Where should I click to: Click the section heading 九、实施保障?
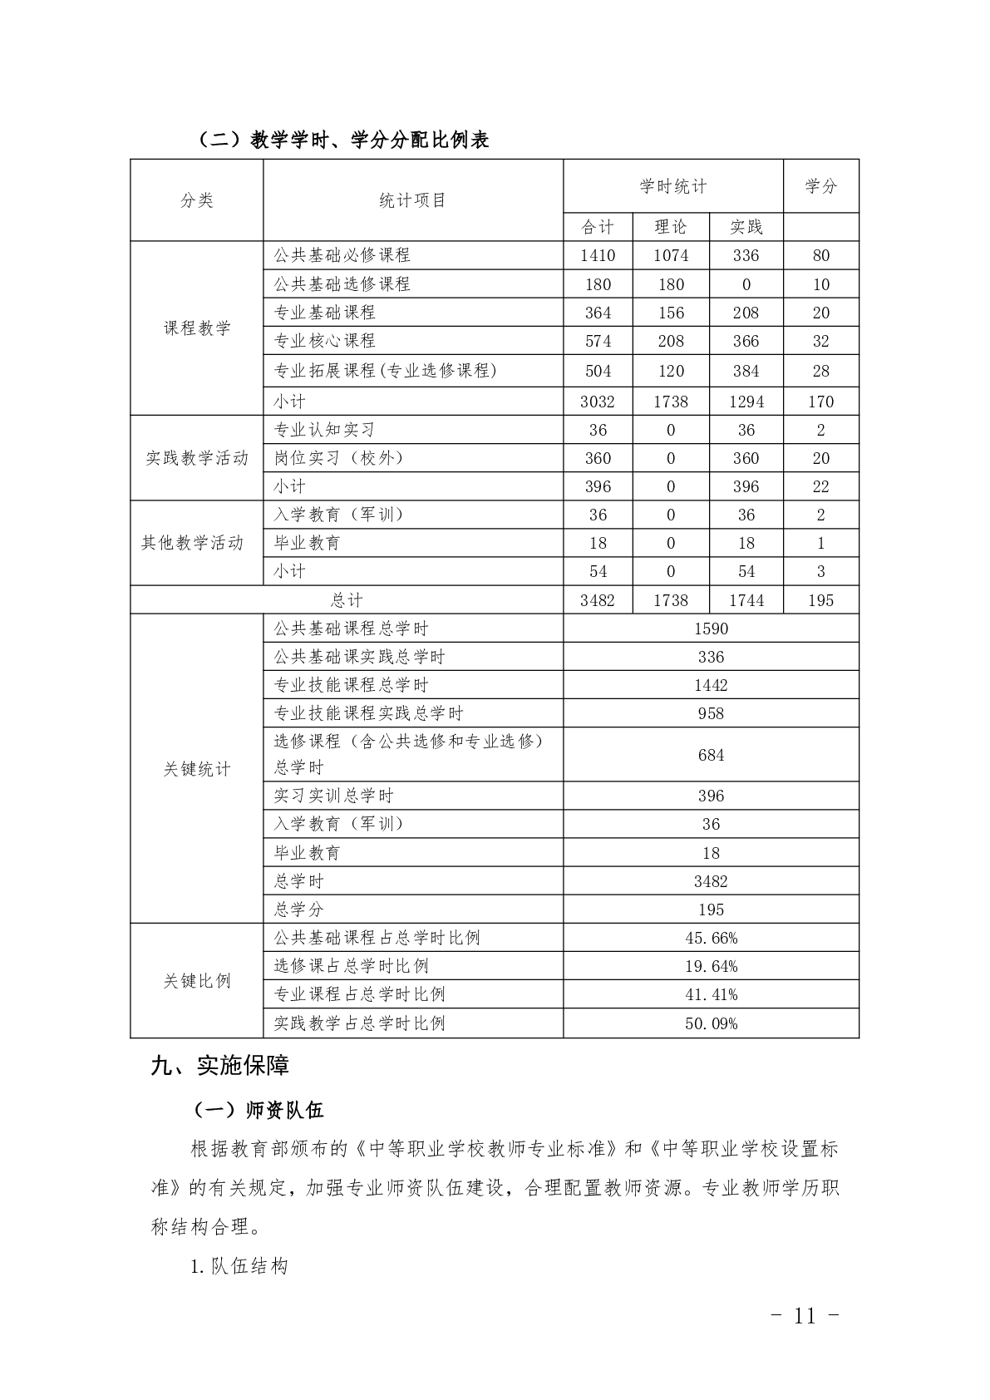pos(219,1066)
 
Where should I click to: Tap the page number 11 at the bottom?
pos(805,1316)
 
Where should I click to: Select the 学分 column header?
pos(820,186)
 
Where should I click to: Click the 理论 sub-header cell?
pos(671,227)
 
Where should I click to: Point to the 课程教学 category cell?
pos(197,328)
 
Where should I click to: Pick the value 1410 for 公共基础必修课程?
pos(598,256)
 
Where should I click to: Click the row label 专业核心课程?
pos(325,341)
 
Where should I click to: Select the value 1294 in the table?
pos(746,402)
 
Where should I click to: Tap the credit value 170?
pos(820,402)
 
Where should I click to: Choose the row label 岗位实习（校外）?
pos(339,458)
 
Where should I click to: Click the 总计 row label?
pos(347,600)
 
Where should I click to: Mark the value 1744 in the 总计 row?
pos(746,600)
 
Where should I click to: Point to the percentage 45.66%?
pos(711,938)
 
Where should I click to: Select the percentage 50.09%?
pos(711,1023)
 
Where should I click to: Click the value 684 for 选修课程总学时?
pos(711,755)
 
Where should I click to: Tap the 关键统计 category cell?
pos(197,769)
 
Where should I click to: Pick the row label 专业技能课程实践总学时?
pos(369,713)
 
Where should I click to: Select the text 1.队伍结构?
pos(239,1267)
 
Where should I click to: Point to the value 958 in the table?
pos(711,713)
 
